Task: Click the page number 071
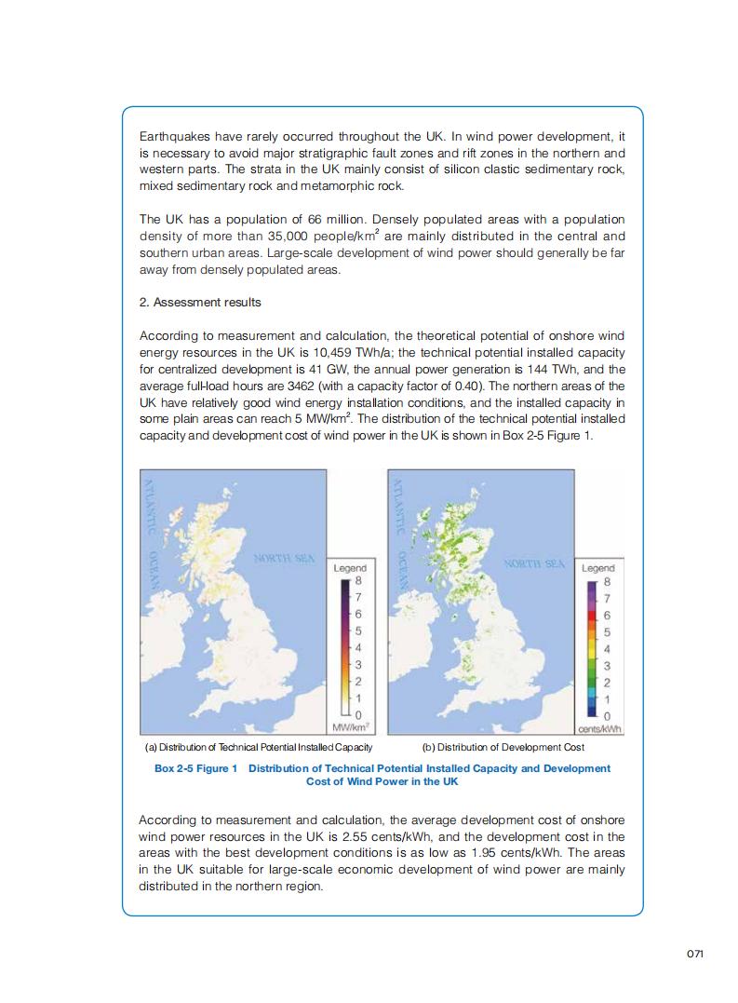[x=693, y=953]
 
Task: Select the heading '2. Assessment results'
[x=200, y=303]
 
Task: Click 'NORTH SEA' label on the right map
[x=534, y=563]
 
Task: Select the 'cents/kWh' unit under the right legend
[x=600, y=728]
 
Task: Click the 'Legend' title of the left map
[x=350, y=567]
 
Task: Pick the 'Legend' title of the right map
[x=598, y=567]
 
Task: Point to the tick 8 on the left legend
[x=358, y=582]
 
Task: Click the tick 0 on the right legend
[x=607, y=715]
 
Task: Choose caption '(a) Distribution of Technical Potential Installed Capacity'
[x=259, y=747]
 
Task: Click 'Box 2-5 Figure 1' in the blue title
[x=195, y=768]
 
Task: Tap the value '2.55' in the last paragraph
[x=435, y=836]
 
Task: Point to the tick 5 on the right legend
[x=607, y=632]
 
